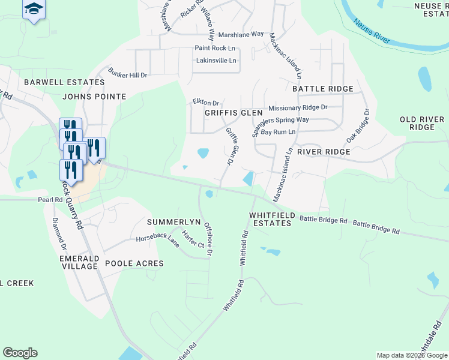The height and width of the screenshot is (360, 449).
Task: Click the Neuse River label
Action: click(373, 32)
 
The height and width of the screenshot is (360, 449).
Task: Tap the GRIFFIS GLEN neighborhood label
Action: click(234, 112)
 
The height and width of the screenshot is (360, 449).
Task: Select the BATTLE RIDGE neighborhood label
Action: click(323, 89)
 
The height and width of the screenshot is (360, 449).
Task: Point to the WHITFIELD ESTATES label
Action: click(270, 218)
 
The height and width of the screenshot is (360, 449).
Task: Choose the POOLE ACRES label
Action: click(134, 263)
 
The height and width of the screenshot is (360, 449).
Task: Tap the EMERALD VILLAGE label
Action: click(79, 262)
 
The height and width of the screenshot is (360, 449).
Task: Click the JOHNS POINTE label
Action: click(94, 96)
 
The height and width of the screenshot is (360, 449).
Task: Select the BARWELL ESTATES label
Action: click(64, 82)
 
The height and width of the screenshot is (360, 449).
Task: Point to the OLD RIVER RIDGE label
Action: click(426, 123)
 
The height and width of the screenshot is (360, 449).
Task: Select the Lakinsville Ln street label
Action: click(217, 61)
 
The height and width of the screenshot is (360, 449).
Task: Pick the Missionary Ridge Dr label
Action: click(298, 107)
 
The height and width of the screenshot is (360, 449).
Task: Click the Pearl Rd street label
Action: click(50, 200)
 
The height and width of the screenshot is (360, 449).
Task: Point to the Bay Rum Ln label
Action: click(278, 131)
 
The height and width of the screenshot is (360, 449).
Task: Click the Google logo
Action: click(20, 353)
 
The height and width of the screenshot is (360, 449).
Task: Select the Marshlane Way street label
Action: click(241, 35)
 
